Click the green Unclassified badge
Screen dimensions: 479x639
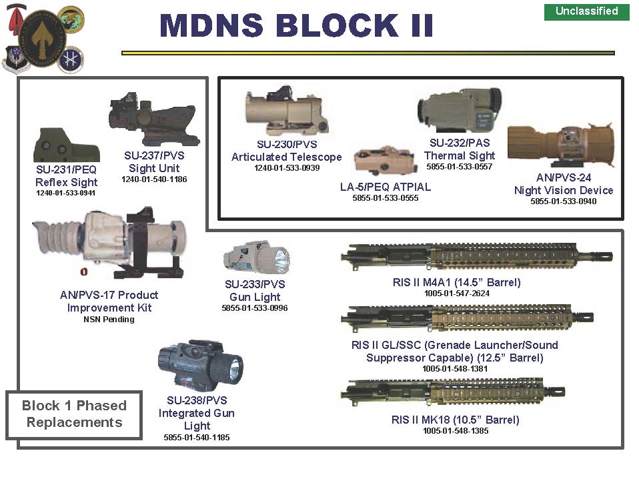click(x=586, y=11)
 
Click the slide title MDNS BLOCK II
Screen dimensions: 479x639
click(x=296, y=25)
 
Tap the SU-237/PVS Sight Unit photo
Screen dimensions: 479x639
click(x=153, y=120)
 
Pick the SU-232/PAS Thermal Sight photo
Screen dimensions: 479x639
click(x=460, y=109)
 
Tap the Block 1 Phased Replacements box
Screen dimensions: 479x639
click(x=74, y=414)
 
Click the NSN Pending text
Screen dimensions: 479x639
click(x=109, y=320)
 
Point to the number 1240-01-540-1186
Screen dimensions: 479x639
click(x=154, y=179)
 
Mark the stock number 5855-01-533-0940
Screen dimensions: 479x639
click(x=563, y=201)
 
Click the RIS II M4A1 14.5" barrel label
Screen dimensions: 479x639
click(x=456, y=282)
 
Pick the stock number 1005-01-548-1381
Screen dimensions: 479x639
click(x=455, y=368)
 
